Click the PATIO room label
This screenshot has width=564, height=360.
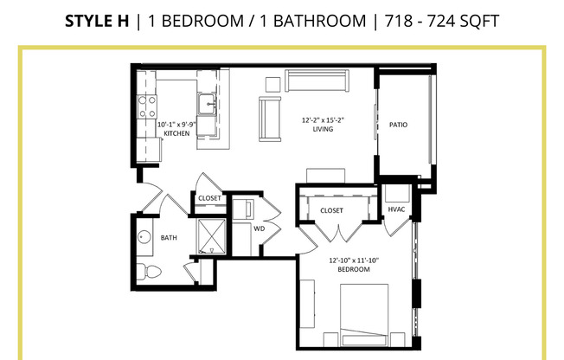pos(398,125)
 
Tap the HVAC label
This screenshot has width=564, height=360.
pos(397,209)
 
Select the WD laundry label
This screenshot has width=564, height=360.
pos(259,228)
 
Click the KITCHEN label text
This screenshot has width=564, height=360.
pos(176,133)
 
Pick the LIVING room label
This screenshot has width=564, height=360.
pos(324,130)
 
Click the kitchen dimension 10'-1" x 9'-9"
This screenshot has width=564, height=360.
pos(176,125)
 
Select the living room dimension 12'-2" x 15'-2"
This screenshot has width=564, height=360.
pos(323,120)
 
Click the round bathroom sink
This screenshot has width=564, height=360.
pos(144,236)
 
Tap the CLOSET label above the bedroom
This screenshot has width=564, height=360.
pos(331,210)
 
